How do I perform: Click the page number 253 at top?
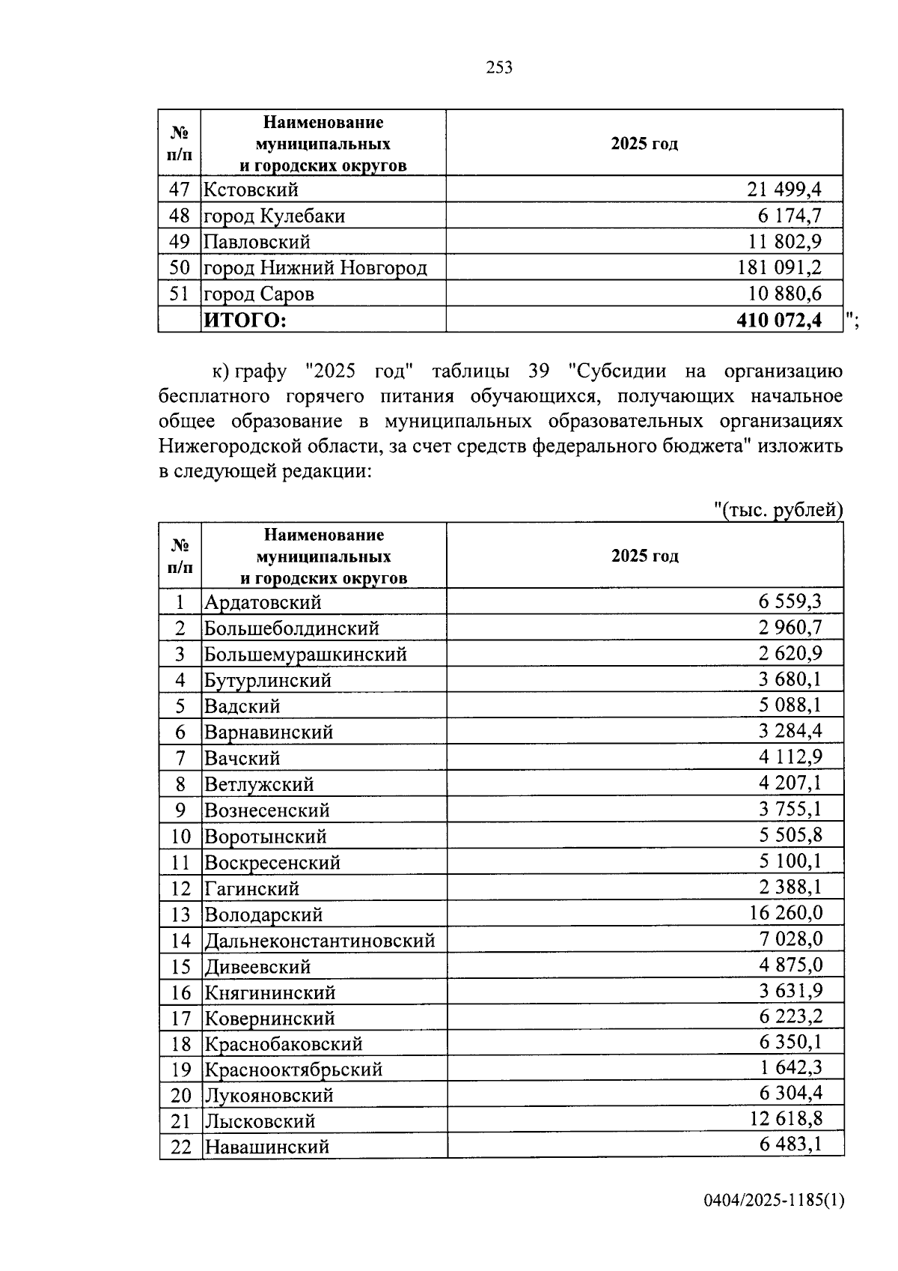click(499, 68)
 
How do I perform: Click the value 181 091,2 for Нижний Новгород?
click(780, 267)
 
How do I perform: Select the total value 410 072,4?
click(778, 320)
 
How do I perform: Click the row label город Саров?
click(259, 294)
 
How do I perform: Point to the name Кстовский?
click(251, 190)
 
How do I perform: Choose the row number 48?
click(180, 216)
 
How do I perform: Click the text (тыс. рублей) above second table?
click(778, 510)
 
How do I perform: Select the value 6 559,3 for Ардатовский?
click(790, 601)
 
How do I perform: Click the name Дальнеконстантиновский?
click(320, 940)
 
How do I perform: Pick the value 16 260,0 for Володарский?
click(785, 912)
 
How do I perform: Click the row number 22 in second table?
click(181, 1147)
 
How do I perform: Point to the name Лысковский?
click(260, 1121)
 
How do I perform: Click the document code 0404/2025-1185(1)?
click(773, 1201)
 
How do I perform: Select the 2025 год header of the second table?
click(644, 556)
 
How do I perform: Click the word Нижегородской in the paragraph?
click(225, 446)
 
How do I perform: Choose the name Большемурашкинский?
click(306, 654)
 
